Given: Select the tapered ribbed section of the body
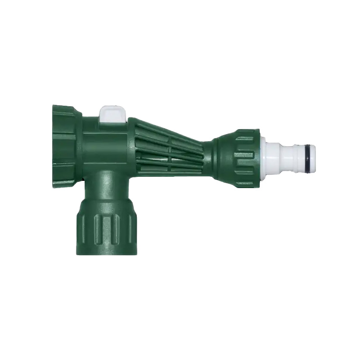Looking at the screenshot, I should point(169,144).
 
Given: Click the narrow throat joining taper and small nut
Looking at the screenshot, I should point(208,151).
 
